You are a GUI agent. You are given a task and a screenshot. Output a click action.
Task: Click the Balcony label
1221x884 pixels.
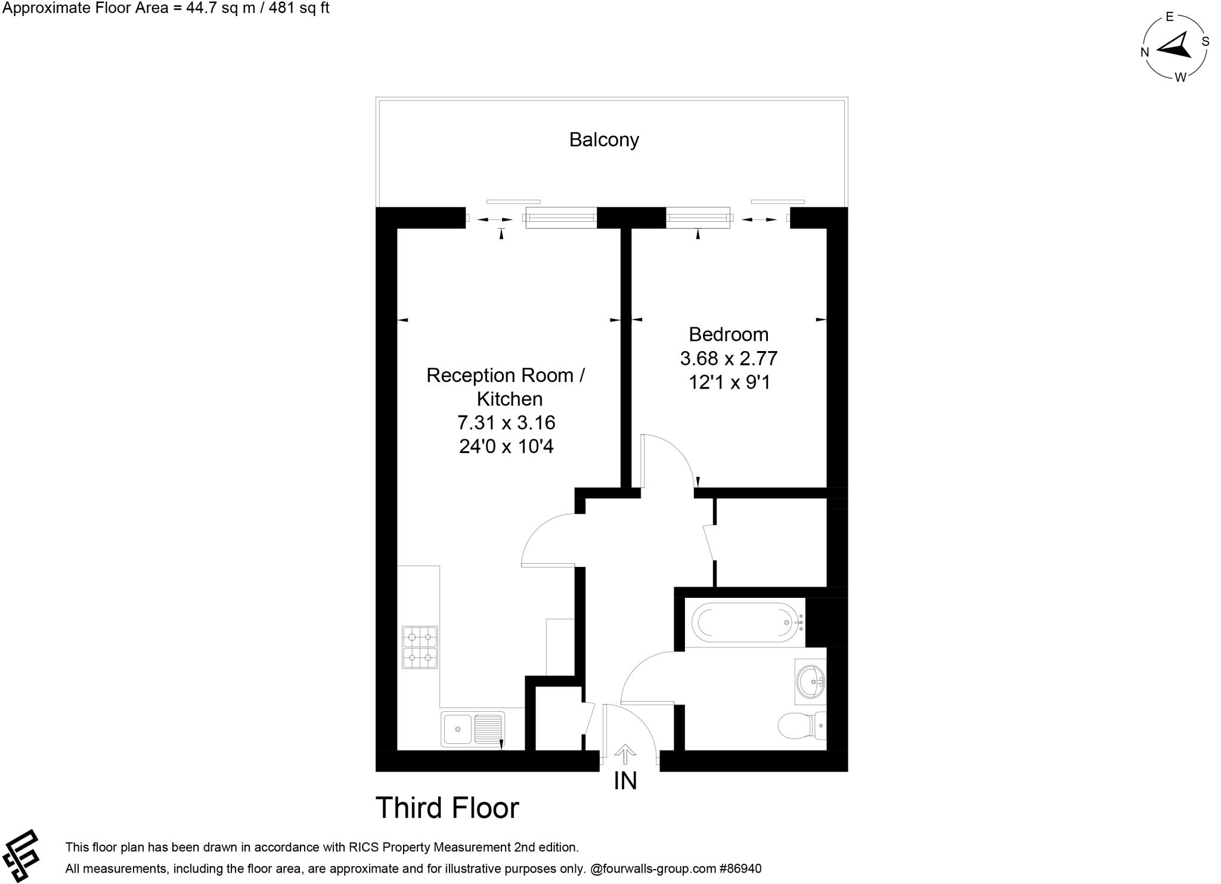click(603, 139)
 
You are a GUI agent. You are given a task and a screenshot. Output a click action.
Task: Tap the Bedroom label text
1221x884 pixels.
click(728, 334)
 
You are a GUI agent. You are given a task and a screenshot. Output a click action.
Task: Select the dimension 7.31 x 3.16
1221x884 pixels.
click(506, 423)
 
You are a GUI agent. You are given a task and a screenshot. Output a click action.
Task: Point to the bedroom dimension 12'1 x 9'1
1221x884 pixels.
click(729, 382)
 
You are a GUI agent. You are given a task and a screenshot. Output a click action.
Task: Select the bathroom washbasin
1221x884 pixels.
click(811, 680)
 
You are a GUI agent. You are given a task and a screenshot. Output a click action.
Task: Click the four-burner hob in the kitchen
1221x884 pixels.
click(420, 647)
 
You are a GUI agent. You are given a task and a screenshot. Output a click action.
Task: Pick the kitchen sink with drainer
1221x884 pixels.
click(472, 728)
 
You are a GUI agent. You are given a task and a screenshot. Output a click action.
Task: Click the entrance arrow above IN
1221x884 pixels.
click(625, 754)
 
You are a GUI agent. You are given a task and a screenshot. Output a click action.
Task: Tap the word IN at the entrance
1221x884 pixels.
click(625, 781)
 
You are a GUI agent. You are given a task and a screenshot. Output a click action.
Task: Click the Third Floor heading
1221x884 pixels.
click(447, 808)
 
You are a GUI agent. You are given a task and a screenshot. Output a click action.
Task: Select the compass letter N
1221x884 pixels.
click(1144, 52)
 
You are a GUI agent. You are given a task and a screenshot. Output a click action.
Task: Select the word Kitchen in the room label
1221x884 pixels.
click(509, 399)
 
